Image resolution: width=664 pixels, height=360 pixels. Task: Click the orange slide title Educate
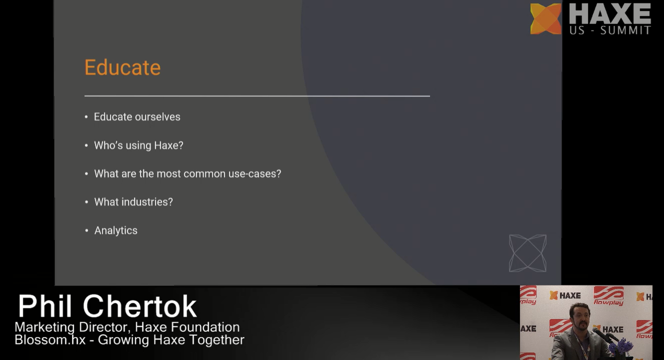(x=123, y=67)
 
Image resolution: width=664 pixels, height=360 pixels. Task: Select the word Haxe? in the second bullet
(x=169, y=146)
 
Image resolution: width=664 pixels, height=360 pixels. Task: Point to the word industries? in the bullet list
(x=147, y=202)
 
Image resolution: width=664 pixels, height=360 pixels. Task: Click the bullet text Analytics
(x=116, y=231)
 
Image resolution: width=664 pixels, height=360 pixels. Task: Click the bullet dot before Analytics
(x=87, y=231)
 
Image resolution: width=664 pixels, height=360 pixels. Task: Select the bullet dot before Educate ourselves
(x=86, y=117)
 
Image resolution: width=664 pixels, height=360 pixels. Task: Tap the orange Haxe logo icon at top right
(x=546, y=19)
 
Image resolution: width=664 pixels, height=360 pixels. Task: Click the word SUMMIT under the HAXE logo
(x=625, y=30)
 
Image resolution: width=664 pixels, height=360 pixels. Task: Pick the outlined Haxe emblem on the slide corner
(x=528, y=254)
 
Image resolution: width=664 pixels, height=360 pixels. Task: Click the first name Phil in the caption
(x=45, y=306)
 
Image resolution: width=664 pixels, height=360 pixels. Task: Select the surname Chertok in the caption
(x=139, y=306)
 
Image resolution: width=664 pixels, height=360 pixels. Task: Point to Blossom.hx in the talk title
(x=50, y=340)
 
